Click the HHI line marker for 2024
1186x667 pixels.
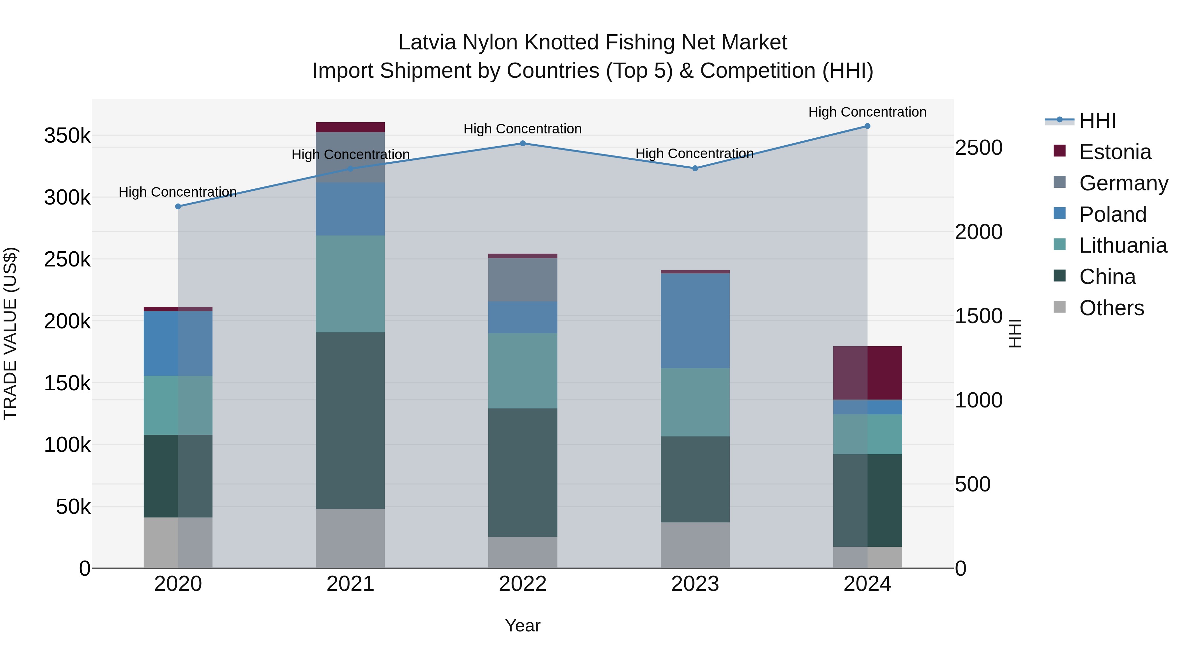[x=867, y=126]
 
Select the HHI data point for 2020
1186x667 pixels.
[x=178, y=206]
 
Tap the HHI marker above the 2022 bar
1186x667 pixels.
[x=522, y=143]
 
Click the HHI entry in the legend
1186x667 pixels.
[x=1097, y=121]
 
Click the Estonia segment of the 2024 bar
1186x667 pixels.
[x=867, y=373]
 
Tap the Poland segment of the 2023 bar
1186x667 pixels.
[x=695, y=321]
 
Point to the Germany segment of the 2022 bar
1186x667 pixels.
[x=522, y=280]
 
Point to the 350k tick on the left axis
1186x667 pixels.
[x=67, y=136]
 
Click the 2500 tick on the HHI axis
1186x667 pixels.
[x=978, y=148]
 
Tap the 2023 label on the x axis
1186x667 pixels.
[x=695, y=584]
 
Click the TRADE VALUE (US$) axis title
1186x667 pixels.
[x=11, y=333]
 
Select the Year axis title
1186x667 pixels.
[x=522, y=625]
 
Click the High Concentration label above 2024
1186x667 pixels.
[x=867, y=112]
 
